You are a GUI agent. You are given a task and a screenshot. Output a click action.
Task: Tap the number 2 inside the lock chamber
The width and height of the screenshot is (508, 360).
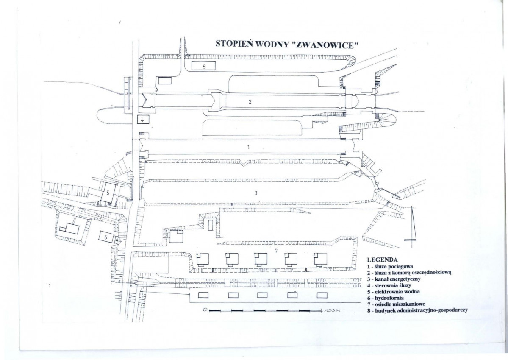pos(250,101)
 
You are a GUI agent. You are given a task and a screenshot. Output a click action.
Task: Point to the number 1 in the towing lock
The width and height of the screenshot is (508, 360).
pos(249,147)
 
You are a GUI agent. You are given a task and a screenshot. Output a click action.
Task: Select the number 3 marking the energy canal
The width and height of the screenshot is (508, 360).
pos(255,193)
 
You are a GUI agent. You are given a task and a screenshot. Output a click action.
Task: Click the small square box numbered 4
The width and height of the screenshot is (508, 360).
pos(143,119)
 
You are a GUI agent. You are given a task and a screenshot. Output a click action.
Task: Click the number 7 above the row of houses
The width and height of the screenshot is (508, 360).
pos(276,251)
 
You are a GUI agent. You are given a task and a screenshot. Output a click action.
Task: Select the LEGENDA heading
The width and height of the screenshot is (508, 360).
pos(382,260)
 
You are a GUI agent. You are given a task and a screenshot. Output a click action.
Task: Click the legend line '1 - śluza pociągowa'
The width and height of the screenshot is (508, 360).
pos(390,266)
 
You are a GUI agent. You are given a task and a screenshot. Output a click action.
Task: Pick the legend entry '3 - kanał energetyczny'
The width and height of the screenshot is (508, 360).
pos(394,279)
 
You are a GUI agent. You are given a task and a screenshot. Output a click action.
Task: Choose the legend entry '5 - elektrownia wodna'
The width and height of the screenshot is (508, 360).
pos(393,291)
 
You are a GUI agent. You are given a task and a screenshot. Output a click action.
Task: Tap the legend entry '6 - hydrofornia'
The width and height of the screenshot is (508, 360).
pos(386,298)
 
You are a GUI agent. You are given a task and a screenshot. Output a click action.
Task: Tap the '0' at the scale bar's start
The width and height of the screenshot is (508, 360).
pos(205,310)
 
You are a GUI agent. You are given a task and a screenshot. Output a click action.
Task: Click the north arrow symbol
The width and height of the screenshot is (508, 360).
pos(412,227)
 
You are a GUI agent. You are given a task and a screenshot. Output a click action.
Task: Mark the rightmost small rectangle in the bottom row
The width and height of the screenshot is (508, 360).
pos(322,295)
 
